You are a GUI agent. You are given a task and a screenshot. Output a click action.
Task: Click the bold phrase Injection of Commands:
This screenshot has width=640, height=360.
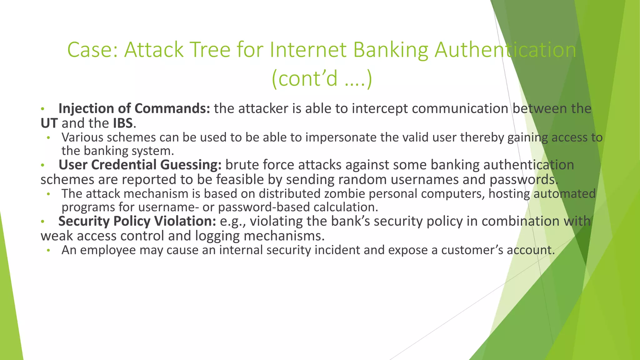click(x=134, y=108)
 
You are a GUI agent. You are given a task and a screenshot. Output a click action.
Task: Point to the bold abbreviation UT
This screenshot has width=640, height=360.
click(x=49, y=123)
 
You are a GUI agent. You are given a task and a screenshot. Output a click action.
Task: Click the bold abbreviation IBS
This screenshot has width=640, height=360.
click(x=123, y=123)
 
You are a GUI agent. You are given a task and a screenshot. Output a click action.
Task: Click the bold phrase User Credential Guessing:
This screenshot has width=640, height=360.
click(x=140, y=165)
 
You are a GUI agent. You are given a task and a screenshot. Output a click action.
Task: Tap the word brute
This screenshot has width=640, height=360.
click(x=242, y=165)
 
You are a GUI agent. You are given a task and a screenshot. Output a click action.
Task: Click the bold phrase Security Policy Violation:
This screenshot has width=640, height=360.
click(x=137, y=221)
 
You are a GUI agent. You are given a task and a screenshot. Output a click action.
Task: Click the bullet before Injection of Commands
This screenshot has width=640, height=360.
click(x=43, y=109)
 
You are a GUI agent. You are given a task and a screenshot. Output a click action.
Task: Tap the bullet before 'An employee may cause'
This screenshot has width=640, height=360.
click(x=48, y=251)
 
